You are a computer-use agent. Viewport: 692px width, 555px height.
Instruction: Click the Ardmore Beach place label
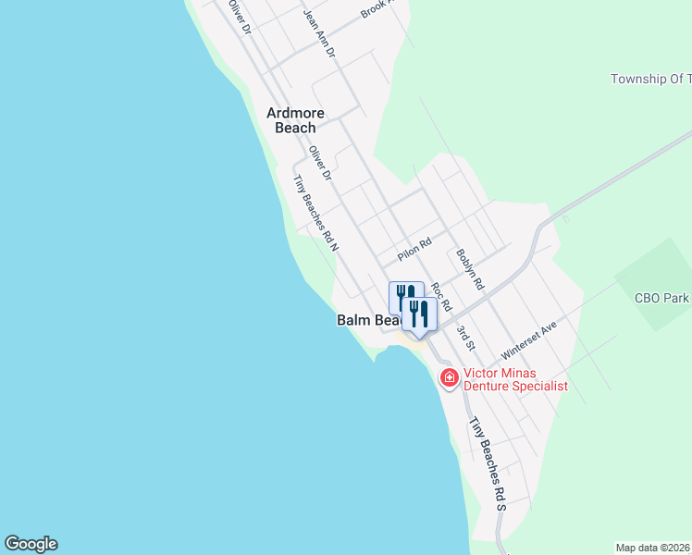tap(295, 120)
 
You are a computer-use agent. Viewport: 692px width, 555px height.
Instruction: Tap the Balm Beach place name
tap(365, 320)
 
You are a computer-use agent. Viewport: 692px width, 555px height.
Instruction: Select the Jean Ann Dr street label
tap(318, 35)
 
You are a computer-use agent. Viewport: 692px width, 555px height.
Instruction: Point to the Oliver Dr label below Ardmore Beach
tap(320, 163)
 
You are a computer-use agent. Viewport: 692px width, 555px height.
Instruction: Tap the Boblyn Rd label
tap(470, 269)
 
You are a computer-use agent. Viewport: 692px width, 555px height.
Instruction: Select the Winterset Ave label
tap(528, 341)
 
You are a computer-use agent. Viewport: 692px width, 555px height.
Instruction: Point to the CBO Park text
tap(661, 299)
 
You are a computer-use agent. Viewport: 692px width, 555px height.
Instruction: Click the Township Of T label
tap(650, 80)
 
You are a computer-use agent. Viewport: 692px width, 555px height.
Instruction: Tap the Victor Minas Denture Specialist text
tap(515, 379)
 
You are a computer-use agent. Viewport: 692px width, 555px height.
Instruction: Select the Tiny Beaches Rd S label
tap(488, 463)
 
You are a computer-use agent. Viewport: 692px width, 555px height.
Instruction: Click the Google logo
tap(31, 544)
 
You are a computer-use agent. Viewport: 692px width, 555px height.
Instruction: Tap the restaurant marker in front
tap(419, 314)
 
